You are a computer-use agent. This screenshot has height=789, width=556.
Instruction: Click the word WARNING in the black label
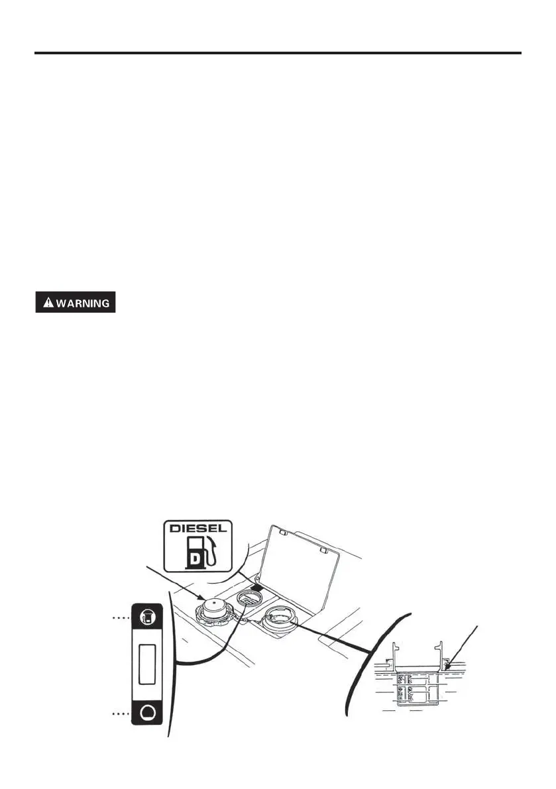click(x=82, y=303)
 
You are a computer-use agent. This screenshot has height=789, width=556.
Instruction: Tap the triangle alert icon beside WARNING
click(x=48, y=303)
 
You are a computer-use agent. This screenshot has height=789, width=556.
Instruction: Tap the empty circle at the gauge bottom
click(x=149, y=713)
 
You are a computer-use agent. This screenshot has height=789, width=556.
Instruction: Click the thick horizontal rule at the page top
click(x=278, y=52)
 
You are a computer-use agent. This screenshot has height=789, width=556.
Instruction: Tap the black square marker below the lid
click(x=259, y=586)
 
